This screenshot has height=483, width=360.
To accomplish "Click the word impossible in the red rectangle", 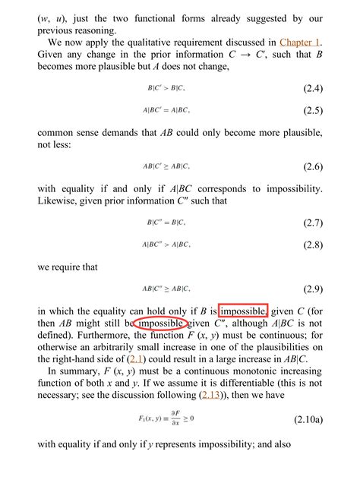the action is point(242,311).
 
